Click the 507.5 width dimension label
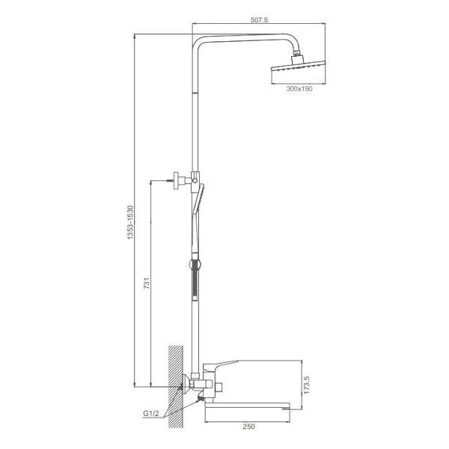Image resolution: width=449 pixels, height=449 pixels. point(259,20)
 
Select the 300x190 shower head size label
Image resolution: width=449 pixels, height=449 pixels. point(299,89)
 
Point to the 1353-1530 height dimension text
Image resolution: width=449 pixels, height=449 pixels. point(130,222)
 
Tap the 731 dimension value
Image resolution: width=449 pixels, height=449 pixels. point(147,283)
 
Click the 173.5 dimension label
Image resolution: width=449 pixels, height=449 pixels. point(306,385)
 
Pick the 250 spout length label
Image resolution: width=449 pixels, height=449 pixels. point(248,427)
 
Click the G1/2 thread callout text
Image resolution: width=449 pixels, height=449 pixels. point(151,414)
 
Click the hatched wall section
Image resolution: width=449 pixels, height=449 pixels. point(176,387)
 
